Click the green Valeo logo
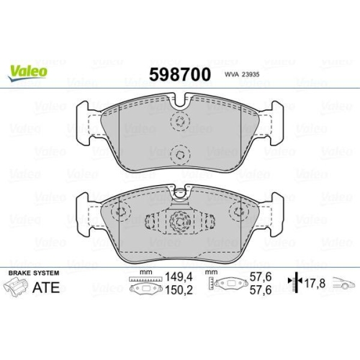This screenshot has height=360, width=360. click(29, 71)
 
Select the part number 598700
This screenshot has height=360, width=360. click(179, 75)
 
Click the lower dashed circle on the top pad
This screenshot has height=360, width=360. click(180, 153)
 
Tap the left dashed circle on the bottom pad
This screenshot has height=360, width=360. click(121, 212)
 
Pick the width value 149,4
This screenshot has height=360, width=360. click(178, 276)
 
